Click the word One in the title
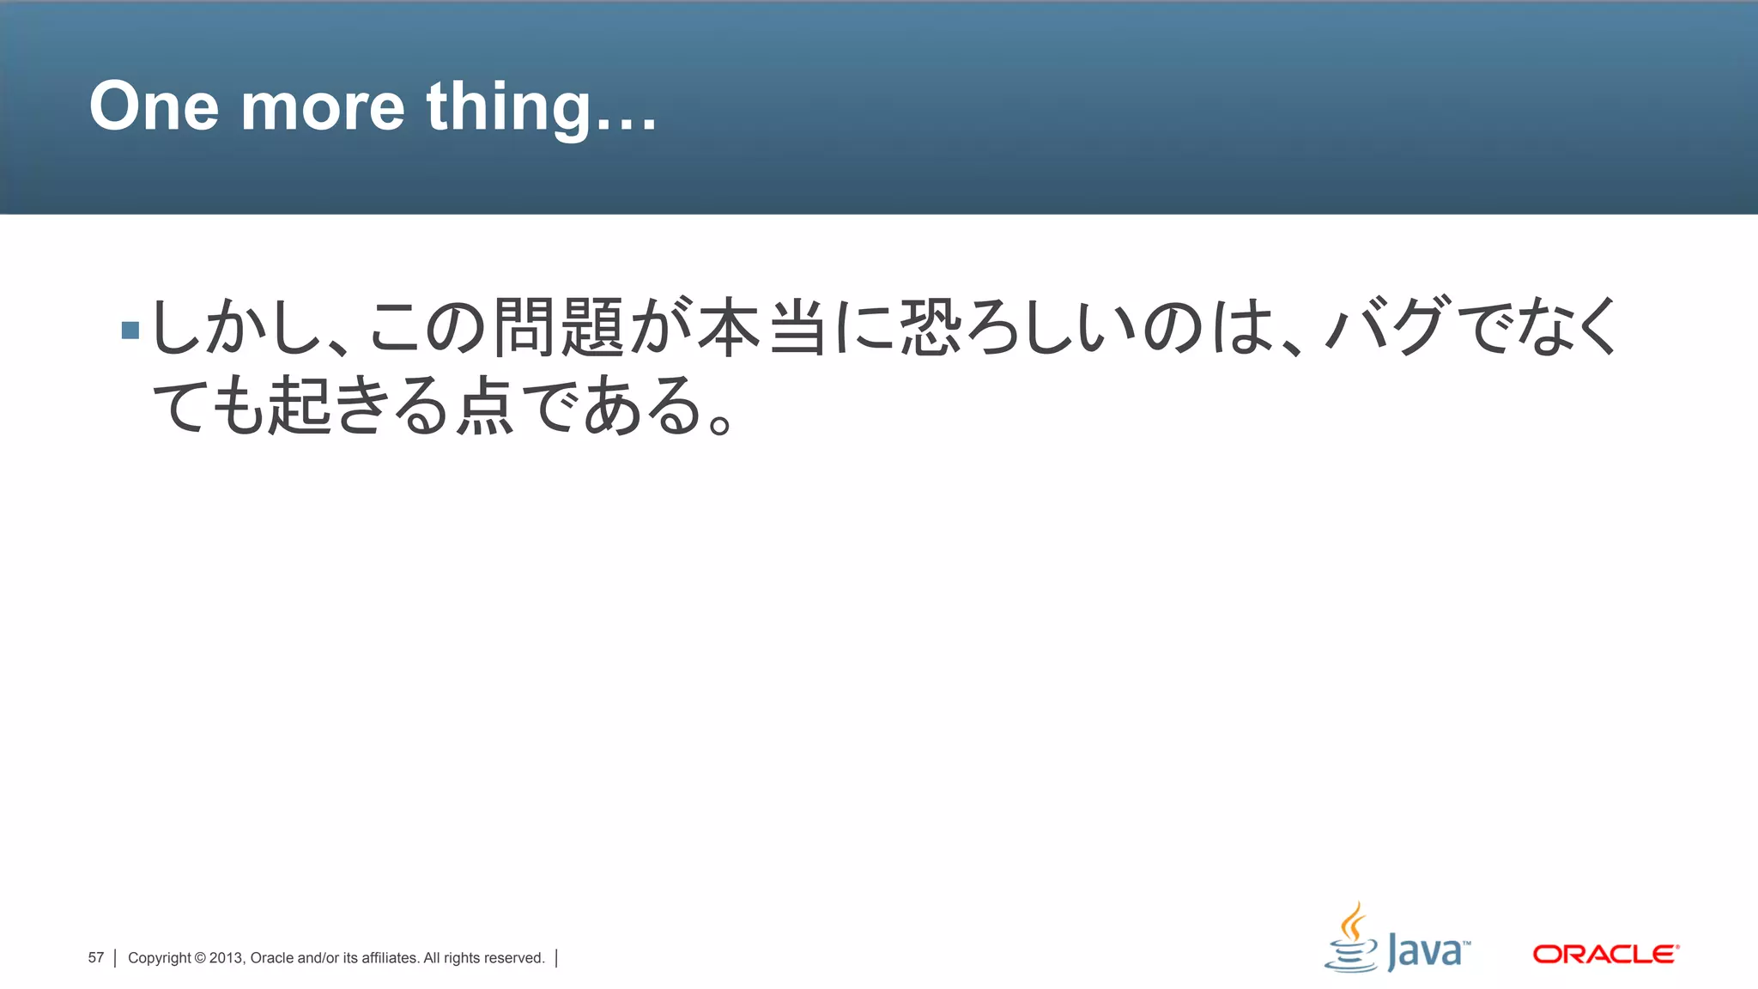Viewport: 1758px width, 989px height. click(154, 106)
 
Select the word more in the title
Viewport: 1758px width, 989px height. click(322, 108)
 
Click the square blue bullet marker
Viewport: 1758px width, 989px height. click(130, 330)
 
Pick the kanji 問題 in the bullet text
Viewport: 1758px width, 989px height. click(559, 326)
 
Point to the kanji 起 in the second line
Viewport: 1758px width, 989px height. click(300, 404)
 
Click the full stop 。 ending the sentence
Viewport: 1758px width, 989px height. click(720, 423)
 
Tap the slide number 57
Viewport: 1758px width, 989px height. click(95, 957)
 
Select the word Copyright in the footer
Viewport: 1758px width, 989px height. click(160, 958)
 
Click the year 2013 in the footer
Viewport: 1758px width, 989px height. click(227, 958)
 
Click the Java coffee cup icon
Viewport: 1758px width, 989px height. click(1351, 939)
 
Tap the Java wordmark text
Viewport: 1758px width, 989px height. click(1428, 951)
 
